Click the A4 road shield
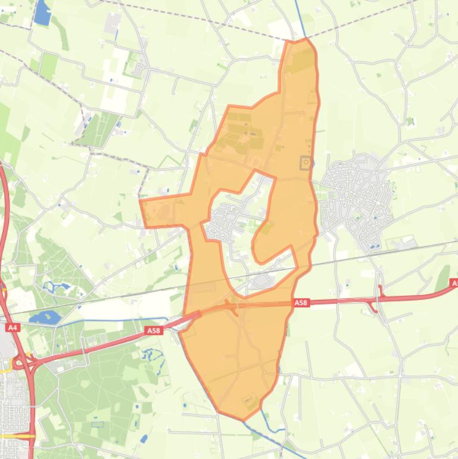[x=13, y=327]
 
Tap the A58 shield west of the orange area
[x=154, y=330]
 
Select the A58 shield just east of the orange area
[x=301, y=303]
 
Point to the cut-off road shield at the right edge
[x=454, y=284]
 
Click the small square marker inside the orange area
[x=306, y=162]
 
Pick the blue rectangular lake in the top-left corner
[x=42, y=13]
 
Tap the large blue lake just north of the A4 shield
[x=40, y=317]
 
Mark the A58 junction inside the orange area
[x=232, y=306]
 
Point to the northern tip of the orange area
[x=298, y=40]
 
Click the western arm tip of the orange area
[x=142, y=203]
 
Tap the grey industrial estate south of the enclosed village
[x=262, y=281]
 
